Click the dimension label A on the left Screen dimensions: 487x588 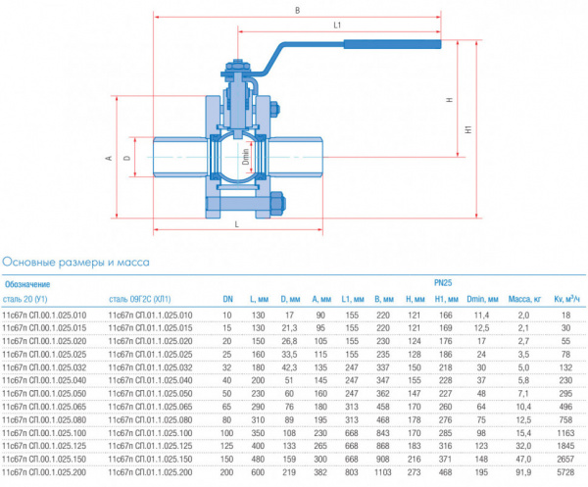(x=113, y=157)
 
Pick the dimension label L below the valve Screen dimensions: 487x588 (x=238, y=224)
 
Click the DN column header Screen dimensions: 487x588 (x=227, y=298)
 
